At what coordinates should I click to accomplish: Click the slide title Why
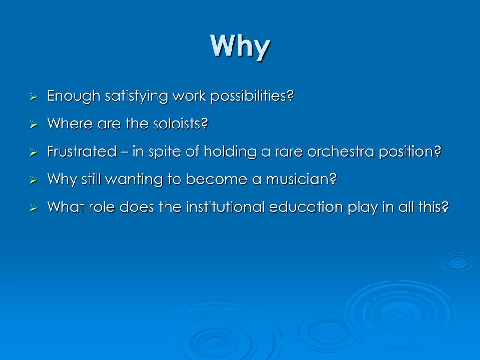coord(240,46)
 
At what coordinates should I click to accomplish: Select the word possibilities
coord(252,97)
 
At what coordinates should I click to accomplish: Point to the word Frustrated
coord(82,151)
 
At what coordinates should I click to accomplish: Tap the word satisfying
coord(136,97)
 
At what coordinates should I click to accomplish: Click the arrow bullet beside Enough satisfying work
coord(33,97)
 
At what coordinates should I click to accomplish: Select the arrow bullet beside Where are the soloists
coord(33,125)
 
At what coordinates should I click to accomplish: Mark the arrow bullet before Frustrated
coord(33,153)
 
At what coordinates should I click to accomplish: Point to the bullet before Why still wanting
coord(33,180)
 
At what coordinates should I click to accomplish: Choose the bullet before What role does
coord(33,208)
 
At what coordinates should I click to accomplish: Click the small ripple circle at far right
coord(457,262)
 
